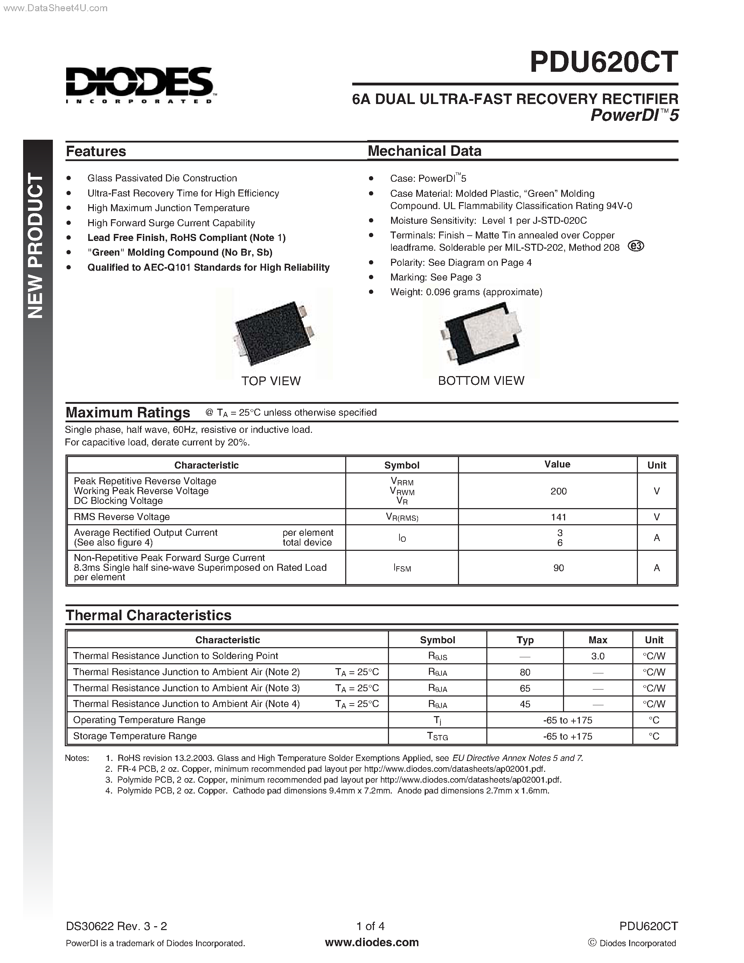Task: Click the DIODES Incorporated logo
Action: click(140, 85)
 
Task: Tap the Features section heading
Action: click(96, 151)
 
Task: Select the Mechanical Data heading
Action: click(424, 151)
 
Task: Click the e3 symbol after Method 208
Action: click(635, 246)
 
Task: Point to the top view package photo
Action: click(274, 334)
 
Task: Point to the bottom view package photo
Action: click(481, 334)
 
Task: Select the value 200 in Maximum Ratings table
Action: click(558, 491)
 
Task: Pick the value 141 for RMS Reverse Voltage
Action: click(558, 517)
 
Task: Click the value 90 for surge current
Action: click(558, 568)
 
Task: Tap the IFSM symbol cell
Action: click(402, 568)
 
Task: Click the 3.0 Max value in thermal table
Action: click(597, 656)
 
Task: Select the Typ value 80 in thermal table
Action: click(524, 672)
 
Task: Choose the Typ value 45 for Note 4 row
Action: click(524, 704)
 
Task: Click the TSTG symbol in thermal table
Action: click(437, 736)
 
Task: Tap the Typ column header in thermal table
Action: click(524, 640)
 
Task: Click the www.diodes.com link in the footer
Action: click(371, 942)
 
